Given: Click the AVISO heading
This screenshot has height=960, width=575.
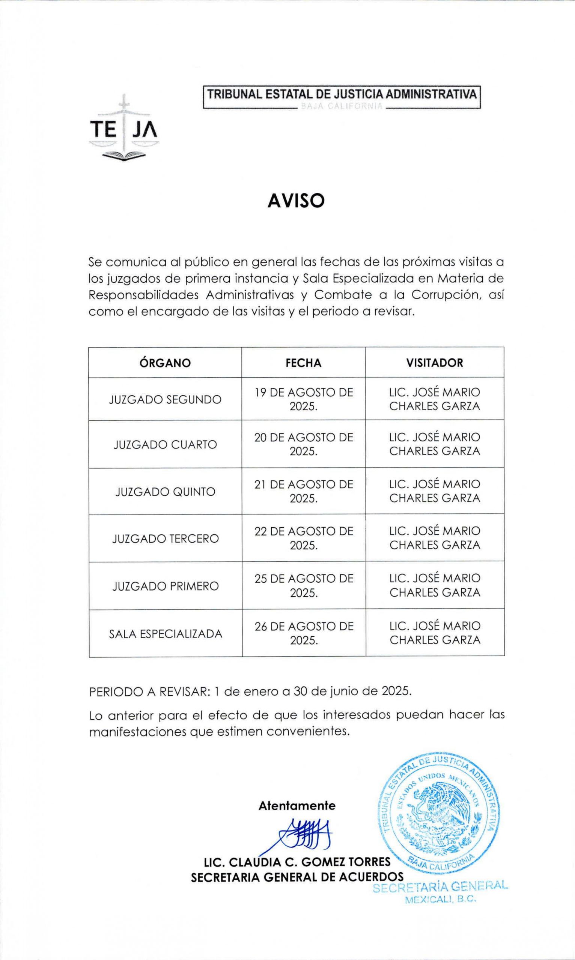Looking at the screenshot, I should pyautogui.click(x=296, y=201).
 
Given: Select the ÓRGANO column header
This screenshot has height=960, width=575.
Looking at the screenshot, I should pyautogui.click(x=165, y=363).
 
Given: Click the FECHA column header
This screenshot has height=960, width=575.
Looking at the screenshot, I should pyautogui.click(x=303, y=363).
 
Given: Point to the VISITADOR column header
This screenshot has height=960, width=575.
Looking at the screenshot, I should pyautogui.click(x=434, y=363).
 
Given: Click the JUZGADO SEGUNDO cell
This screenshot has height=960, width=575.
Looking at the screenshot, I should pyautogui.click(x=165, y=399).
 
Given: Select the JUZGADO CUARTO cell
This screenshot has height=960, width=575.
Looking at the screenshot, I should pyautogui.click(x=165, y=444).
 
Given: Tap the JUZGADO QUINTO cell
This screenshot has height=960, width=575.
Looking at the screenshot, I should pyautogui.click(x=165, y=492).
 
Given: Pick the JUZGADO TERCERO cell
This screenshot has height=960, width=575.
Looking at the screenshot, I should pyautogui.click(x=165, y=538).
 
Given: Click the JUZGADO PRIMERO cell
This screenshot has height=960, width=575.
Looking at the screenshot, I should pyautogui.click(x=165, y=586).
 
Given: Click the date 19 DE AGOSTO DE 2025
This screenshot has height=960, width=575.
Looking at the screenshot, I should pyautogui.click(x=303, y=399).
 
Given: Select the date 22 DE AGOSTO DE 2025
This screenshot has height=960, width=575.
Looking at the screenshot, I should pyautogui.click(x=304, y=538).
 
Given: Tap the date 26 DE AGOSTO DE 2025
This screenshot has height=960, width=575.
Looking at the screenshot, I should pyautogui.click(x=304, y=633).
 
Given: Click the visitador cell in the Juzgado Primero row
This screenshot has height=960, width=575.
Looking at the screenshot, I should pyautogui.click(x=435, y=585).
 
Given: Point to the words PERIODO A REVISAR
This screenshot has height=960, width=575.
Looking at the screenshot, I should pyautogui.click(x=149, y=692).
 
